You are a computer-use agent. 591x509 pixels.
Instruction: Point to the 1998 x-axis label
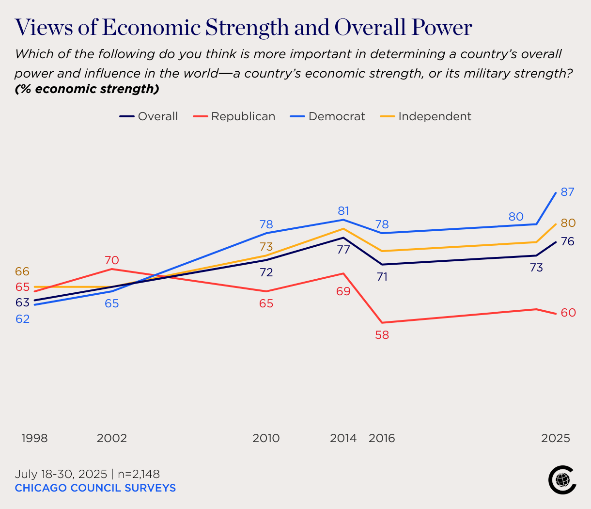pos(34,438)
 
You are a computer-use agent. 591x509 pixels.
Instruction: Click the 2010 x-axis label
pos(266,438)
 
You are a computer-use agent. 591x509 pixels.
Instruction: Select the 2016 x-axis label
pos(382,438)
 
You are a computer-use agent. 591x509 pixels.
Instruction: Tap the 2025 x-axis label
pos(556,438)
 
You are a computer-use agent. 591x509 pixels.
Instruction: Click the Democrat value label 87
pos(567,192)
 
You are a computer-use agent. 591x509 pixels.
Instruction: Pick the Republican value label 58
pos(382,335)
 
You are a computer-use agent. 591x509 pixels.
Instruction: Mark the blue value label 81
pos(343,211)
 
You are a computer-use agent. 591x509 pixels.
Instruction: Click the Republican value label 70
pos(112,260)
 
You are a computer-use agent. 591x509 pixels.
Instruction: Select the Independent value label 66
pos(22,271)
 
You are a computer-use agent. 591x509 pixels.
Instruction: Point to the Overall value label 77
pos(343,250)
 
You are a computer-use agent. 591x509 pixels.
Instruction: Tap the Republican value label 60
pos(568,313)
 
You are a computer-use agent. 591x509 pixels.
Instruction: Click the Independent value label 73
pos(266,247)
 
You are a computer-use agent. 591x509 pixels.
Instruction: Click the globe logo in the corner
pos(562,480)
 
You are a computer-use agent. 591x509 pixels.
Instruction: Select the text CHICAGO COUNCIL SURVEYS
pos(95,488)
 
